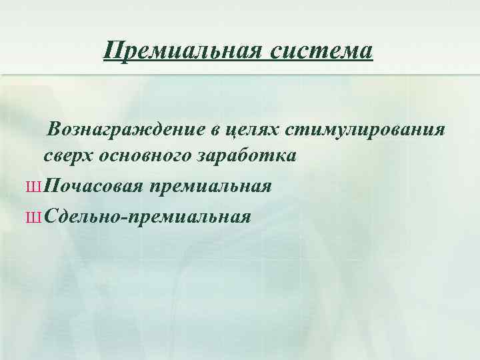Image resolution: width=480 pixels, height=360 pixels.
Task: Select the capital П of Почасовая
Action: pyautogui.click(x=55, y=185)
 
